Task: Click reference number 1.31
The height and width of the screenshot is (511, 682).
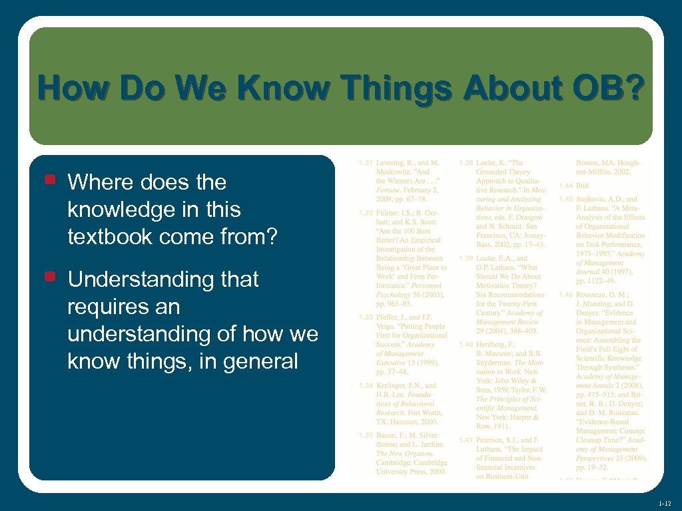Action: (x=365, y=162)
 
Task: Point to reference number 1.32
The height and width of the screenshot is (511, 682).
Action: (x=365, y=213)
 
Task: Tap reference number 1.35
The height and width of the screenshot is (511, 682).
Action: (x=365, y=435)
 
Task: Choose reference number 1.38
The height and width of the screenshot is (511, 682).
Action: (x=466, y=162)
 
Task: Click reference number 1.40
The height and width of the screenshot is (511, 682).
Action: (x=466, y=344)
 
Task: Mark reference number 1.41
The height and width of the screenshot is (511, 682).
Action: (x=466, y=440)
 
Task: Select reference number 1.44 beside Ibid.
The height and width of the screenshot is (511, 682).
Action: (x=565, y=186)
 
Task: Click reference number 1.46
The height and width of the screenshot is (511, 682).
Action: (x=565, y=295)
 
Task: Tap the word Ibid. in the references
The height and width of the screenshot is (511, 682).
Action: (x=583, y=186)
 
